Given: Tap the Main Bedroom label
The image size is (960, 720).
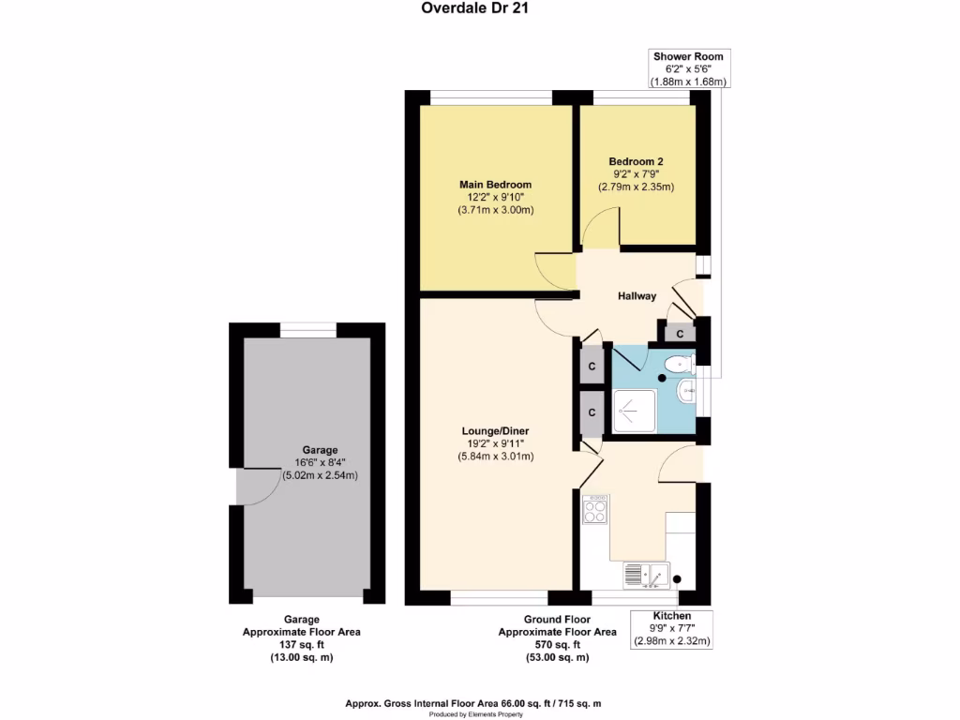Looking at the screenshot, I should pos(495,185).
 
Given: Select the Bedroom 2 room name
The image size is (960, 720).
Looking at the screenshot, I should pos(636,161).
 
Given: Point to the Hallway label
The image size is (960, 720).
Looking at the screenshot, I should pos(637,296).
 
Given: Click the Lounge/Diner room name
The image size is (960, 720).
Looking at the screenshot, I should pos(495,430).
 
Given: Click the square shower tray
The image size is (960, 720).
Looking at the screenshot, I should pos(634,411).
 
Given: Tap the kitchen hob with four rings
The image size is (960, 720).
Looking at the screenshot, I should pos(595,511).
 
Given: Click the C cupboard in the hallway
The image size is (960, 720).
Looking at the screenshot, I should pos(680,333).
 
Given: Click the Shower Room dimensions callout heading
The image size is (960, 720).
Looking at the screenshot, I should pos(688,56).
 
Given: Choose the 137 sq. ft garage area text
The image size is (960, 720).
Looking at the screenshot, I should pos(301,645).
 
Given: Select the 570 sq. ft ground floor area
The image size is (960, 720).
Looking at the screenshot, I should pos(557,645).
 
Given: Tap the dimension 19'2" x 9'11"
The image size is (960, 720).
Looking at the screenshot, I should pos(495,443).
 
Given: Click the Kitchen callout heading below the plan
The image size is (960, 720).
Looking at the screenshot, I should pos(672,616).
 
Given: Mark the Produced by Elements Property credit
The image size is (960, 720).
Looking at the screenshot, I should pos(479,714).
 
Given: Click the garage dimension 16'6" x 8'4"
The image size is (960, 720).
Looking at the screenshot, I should pos(320,462).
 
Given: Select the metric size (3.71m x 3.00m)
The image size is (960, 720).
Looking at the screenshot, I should pos(495,210).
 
